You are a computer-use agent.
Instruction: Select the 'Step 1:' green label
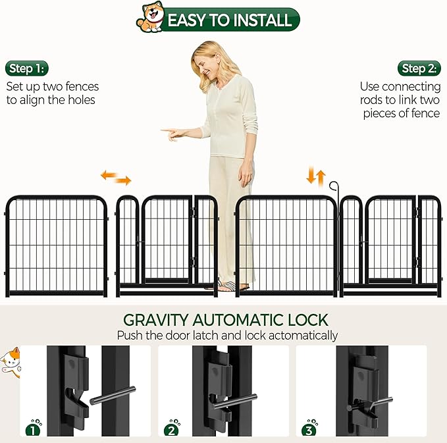click(27, 68)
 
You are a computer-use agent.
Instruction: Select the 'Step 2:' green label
click(419, 68)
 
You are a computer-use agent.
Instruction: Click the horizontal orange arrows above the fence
click(116, 178)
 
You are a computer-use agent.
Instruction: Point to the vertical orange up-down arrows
click(316, 176)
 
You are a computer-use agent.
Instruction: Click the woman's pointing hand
click(172, 132)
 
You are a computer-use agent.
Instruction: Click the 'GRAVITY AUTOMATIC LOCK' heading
click(226, 321)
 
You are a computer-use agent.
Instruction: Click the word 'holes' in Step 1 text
click(80, 100)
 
